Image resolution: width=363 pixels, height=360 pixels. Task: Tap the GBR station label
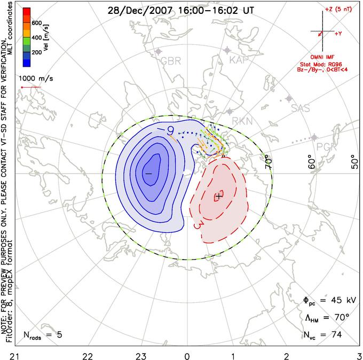[x=171, y=61]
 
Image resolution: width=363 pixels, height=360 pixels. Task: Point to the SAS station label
[x=300, y=108]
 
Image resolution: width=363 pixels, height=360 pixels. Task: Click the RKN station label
[x=239, y=121]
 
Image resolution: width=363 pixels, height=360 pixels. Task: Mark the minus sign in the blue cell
[x=148, y=174]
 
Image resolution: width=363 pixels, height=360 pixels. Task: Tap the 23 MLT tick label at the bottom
[x=137, y=355]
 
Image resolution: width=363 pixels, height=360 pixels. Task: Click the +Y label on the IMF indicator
[x=338, y=34]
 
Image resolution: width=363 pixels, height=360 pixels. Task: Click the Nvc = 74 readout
[x=323, y=335]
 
